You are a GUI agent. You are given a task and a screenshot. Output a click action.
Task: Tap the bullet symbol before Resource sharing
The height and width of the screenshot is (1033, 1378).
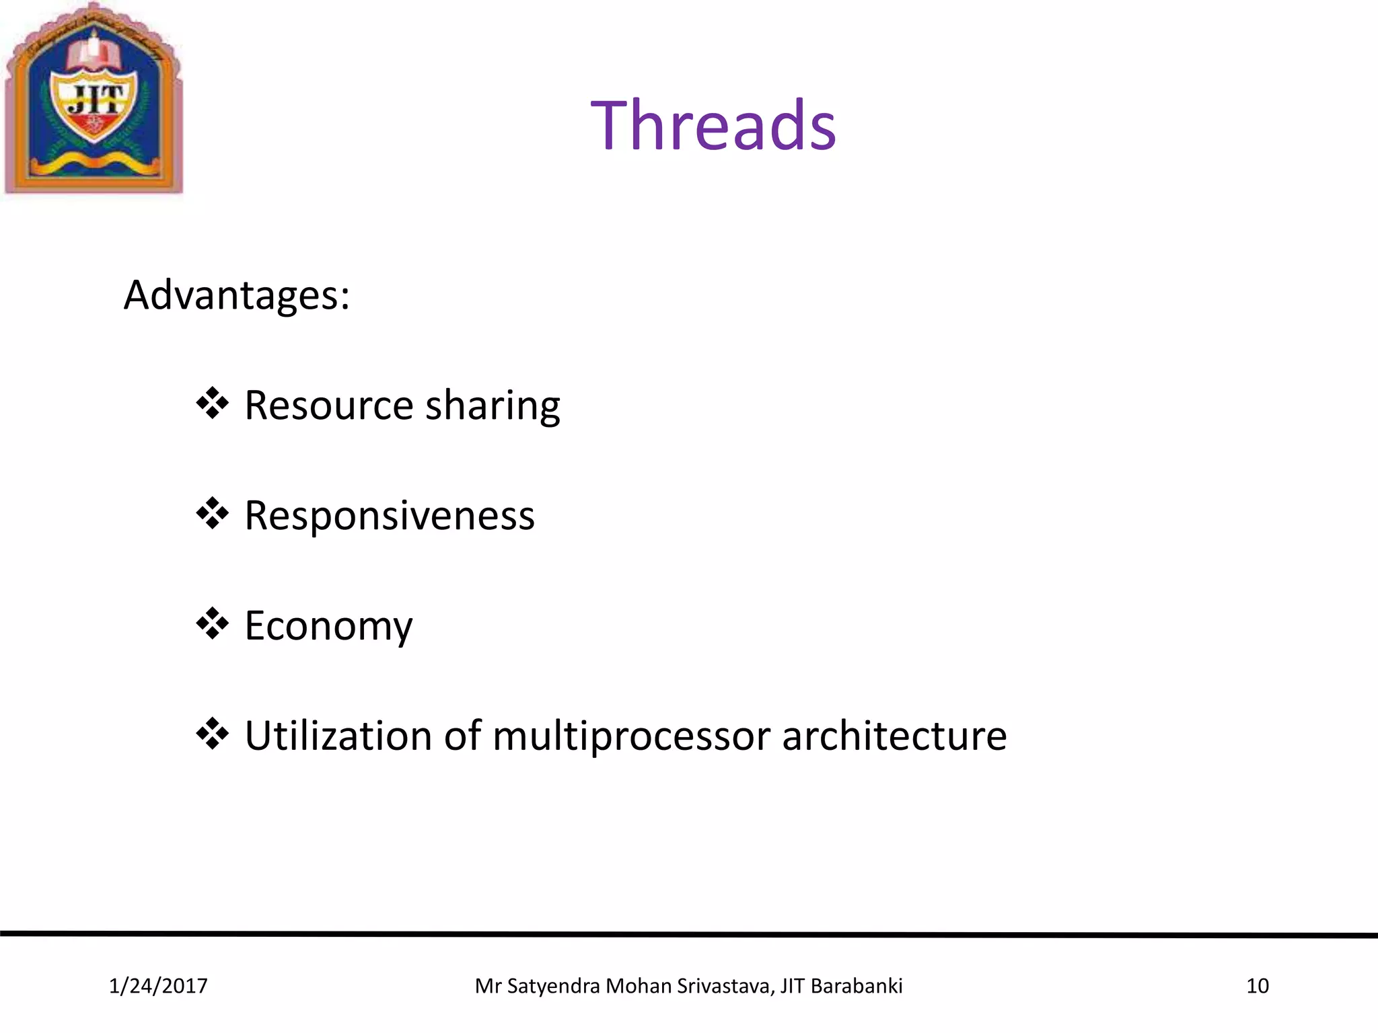pyautogui.click(x=213, y=404)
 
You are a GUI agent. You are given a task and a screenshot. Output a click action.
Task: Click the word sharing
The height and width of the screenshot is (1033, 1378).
pyautogui.click(x=493, y=408)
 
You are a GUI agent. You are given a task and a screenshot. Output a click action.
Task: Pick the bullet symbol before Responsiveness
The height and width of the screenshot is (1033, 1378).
pyautogui.click(x=213, y=514)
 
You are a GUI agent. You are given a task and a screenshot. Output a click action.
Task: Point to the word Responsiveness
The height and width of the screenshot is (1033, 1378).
pyautogui.click(x=389, y=516)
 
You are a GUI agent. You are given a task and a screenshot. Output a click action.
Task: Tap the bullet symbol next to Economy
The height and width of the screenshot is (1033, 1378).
pyautogui.click(x=213, y=624)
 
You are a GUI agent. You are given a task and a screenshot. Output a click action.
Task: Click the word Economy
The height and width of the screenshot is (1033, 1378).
pyautogui.click(x=328, y=627)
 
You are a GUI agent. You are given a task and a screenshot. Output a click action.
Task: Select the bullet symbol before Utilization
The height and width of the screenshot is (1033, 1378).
pyautogui.click(x=213, y=734)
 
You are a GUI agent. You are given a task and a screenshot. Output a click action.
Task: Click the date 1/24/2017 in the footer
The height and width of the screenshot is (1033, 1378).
pyautogui.click(x=158, y=986)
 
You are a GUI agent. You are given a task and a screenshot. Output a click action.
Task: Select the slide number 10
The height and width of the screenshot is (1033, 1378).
pyautogui.click(x=1257, y=986)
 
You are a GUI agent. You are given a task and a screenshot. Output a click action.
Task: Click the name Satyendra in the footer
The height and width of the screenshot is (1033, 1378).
pyautogui.click(x=553, y=986)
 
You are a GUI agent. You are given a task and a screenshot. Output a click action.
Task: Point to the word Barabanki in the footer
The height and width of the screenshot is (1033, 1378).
pyautogui.click(x=856, y=986)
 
